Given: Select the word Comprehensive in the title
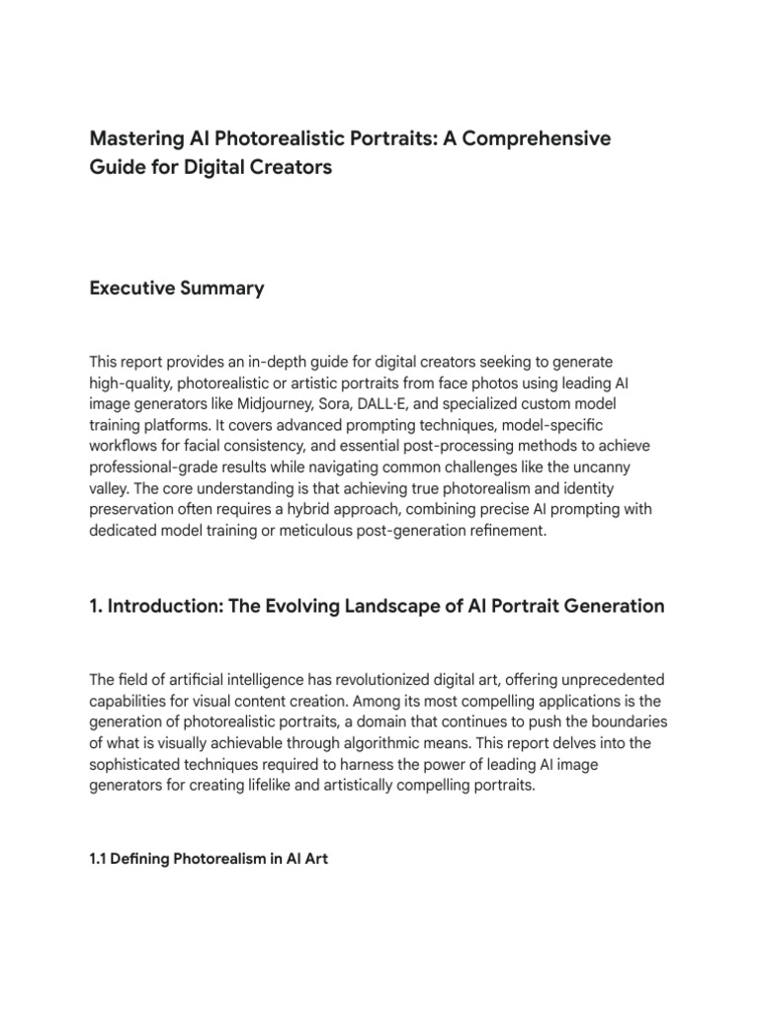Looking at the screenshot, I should [542, 138].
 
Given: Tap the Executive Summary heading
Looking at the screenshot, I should [177, 289].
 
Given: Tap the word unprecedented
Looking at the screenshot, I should [607, 681].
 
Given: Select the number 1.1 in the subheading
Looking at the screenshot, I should [98, 859].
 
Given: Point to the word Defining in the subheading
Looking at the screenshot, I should [139, 859].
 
